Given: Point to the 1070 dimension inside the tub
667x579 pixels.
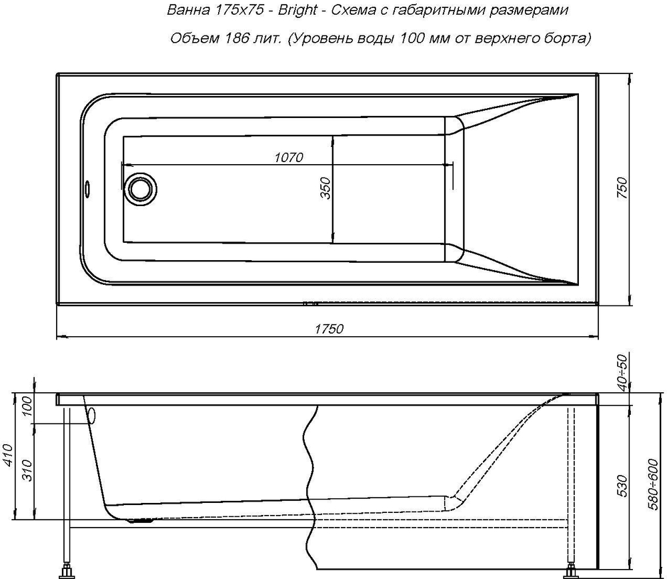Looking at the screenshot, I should (288, 157).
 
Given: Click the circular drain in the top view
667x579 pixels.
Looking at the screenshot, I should (140, 188).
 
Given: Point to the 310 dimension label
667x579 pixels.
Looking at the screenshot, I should (27, 469).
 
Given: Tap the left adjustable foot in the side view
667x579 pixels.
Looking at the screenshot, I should (67, 571).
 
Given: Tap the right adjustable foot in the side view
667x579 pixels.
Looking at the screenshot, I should (571, 571).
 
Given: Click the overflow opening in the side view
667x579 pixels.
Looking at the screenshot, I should (92, 416).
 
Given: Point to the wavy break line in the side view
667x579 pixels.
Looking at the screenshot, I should (310, 467).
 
